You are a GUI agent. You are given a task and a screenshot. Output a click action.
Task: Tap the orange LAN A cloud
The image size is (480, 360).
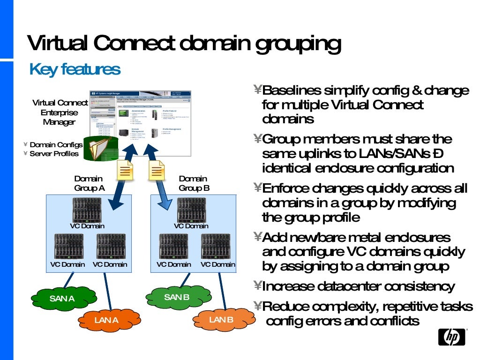click(x=106, y=320)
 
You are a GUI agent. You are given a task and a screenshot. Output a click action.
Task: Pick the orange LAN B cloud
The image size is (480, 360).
click(x=221, y=320)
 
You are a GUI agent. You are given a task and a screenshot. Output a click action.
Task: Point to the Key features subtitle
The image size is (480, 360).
click(x=75, y=69)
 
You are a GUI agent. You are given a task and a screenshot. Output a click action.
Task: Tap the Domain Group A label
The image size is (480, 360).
click(x=89, y=183)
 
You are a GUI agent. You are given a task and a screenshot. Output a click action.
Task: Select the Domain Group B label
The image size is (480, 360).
click(x=194, y=183)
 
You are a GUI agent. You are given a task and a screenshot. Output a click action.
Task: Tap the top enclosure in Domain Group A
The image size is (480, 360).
click(x=87, y=210)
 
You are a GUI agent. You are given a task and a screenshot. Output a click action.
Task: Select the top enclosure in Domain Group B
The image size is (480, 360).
click(x=191, y=210)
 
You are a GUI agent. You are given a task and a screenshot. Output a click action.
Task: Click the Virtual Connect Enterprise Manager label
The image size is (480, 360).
click(x=60, y=112)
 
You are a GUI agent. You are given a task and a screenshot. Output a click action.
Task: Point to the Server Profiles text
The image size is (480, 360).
click(x=54, y=154)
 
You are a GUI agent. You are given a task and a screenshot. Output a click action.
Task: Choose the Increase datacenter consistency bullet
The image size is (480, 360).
click(x=359, y=286)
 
